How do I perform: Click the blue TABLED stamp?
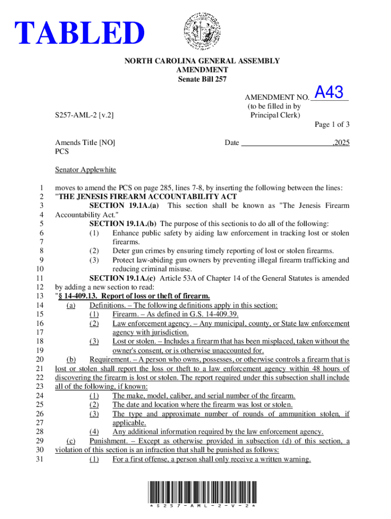click(79, 33)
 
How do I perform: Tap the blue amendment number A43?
click(329, 92)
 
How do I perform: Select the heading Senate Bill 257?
click(202, 79)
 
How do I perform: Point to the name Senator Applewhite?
click(85, 170)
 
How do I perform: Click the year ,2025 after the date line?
click(341, 143)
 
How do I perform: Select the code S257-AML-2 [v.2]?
click(84, 115)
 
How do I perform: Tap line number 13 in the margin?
click(42, 296)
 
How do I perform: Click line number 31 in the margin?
click(42, 459)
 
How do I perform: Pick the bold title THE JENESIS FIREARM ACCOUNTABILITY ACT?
click(147, 196)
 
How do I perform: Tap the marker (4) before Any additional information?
click(94, 432)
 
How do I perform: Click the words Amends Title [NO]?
click(85, 143)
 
